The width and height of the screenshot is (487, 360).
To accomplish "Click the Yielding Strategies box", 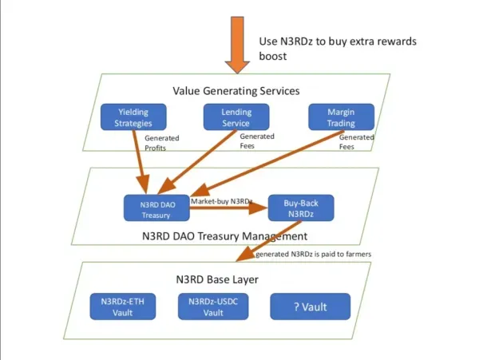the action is point(133,117).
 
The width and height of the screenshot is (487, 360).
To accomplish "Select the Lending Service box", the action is point(236,117).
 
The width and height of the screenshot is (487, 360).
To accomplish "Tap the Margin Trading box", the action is point(341,117).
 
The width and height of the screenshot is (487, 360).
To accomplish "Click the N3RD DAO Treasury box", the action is point(156,208).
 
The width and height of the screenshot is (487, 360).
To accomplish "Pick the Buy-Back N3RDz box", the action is point(301,208).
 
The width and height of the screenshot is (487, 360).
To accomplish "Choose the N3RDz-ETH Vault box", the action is point(123,307).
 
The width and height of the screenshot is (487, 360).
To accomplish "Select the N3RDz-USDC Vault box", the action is point(213,307).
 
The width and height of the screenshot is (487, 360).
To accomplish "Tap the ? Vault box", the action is point(311,307).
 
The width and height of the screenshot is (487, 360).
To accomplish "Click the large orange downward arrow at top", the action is point(237,45).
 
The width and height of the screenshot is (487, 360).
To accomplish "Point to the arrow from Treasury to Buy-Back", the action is point(228,208).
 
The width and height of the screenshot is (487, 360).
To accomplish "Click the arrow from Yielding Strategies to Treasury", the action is point(140,162).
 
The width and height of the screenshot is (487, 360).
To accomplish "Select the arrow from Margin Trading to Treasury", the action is point(267,164).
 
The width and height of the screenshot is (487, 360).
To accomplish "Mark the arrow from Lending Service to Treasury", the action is point(197,162).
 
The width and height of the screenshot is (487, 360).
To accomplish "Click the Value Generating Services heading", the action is point(236,91).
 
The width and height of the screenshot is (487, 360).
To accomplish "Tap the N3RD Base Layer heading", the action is point(217,279).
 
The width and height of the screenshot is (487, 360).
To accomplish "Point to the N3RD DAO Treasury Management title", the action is point(224,236).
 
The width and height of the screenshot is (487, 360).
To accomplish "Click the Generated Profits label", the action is point(162,143).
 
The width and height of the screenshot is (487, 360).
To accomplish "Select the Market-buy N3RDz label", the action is point(221,201).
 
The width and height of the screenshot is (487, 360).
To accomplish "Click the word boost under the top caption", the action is point(273,56).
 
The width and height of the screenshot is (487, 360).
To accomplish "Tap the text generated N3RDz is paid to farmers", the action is point(314,254).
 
